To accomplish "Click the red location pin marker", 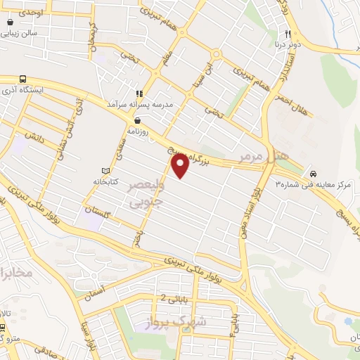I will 181,166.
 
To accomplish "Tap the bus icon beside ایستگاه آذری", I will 23,79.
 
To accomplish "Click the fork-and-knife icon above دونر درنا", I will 288,34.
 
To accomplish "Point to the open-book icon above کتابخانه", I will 106,171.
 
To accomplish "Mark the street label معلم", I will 166,54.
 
